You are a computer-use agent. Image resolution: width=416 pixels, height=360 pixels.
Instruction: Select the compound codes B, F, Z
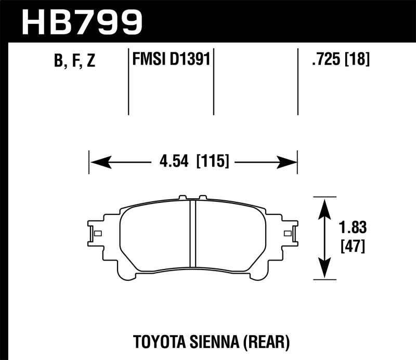(74, 61)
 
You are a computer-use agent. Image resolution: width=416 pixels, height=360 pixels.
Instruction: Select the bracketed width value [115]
(212, 162)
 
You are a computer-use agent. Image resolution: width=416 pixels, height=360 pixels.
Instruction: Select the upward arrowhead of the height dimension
(324, 206)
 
